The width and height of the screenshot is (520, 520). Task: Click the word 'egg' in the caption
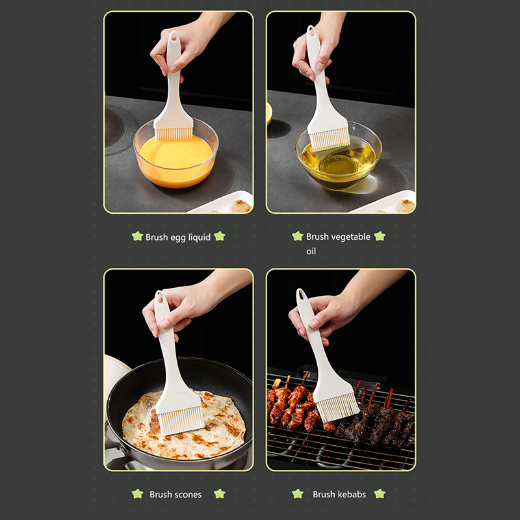(x=178, y=237)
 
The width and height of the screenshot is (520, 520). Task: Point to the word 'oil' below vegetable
(x=311, y=251)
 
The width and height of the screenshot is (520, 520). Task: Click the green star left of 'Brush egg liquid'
(x=137, y=236)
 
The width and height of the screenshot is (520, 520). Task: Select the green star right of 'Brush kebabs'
(x=380, y=493)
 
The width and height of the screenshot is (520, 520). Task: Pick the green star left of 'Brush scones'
(x=137, y=493)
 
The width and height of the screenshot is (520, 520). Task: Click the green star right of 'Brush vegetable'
(x=380, y=236)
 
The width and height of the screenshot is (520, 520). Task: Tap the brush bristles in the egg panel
(x=174, y=133)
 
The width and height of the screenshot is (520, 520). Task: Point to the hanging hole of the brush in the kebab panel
(x=302, y=294)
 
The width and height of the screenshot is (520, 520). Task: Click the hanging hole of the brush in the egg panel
(x=174, y=36)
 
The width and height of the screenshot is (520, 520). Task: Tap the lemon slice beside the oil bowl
(x=268, y=113)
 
